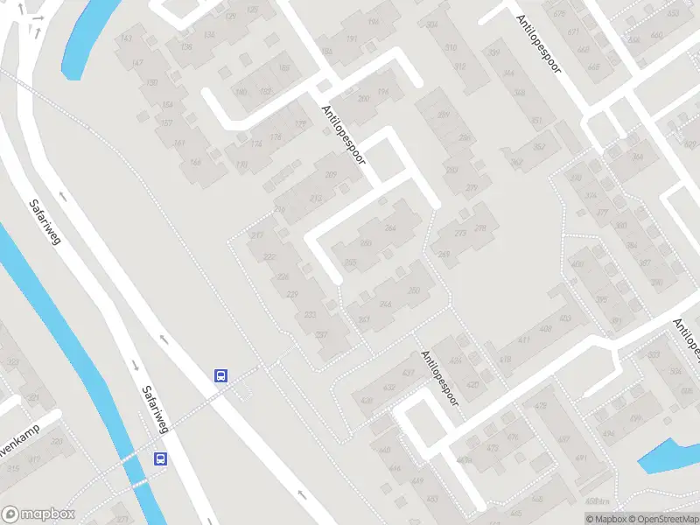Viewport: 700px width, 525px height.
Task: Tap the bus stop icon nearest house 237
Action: click(221, 375)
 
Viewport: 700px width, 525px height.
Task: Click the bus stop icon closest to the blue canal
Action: click(160, 458)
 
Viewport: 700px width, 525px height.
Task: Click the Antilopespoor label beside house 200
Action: click(343, 135)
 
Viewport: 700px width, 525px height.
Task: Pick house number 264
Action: click(390, 228)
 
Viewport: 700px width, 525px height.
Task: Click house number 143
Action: click(126, 38)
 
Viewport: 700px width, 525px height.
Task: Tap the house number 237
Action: click(321, 334)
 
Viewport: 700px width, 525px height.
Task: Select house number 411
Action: click(524, 340)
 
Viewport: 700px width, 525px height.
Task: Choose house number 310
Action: click(451, 48)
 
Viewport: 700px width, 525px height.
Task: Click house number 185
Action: click(265, 92)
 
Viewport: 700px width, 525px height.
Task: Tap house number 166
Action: click(195, 162)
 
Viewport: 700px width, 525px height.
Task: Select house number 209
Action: click(331, 175)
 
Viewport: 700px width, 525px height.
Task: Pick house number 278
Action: click(479, 228)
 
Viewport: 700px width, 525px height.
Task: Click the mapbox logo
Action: click(39, 514)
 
